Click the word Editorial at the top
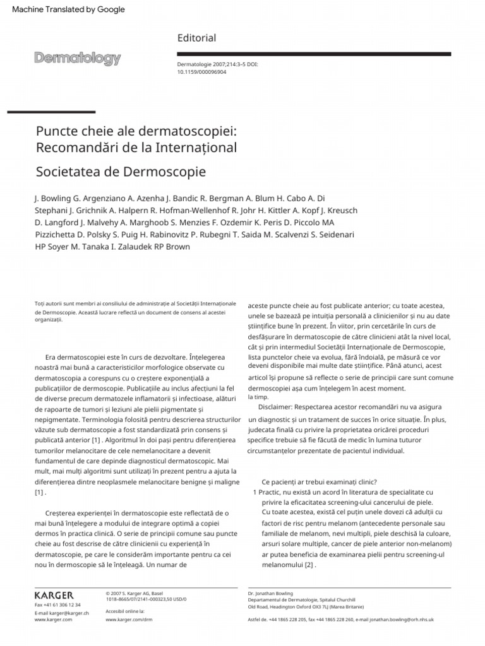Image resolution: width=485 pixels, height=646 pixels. click(x=196, y=38)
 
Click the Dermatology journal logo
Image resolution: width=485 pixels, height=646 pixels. click(x=77, y=59)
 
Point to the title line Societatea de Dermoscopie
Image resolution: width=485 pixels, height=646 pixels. click(x=121, y=172)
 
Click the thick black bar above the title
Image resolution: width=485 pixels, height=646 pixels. click(x=51, y=112)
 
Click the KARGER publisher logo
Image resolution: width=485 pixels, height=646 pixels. click(x=54, y=595)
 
